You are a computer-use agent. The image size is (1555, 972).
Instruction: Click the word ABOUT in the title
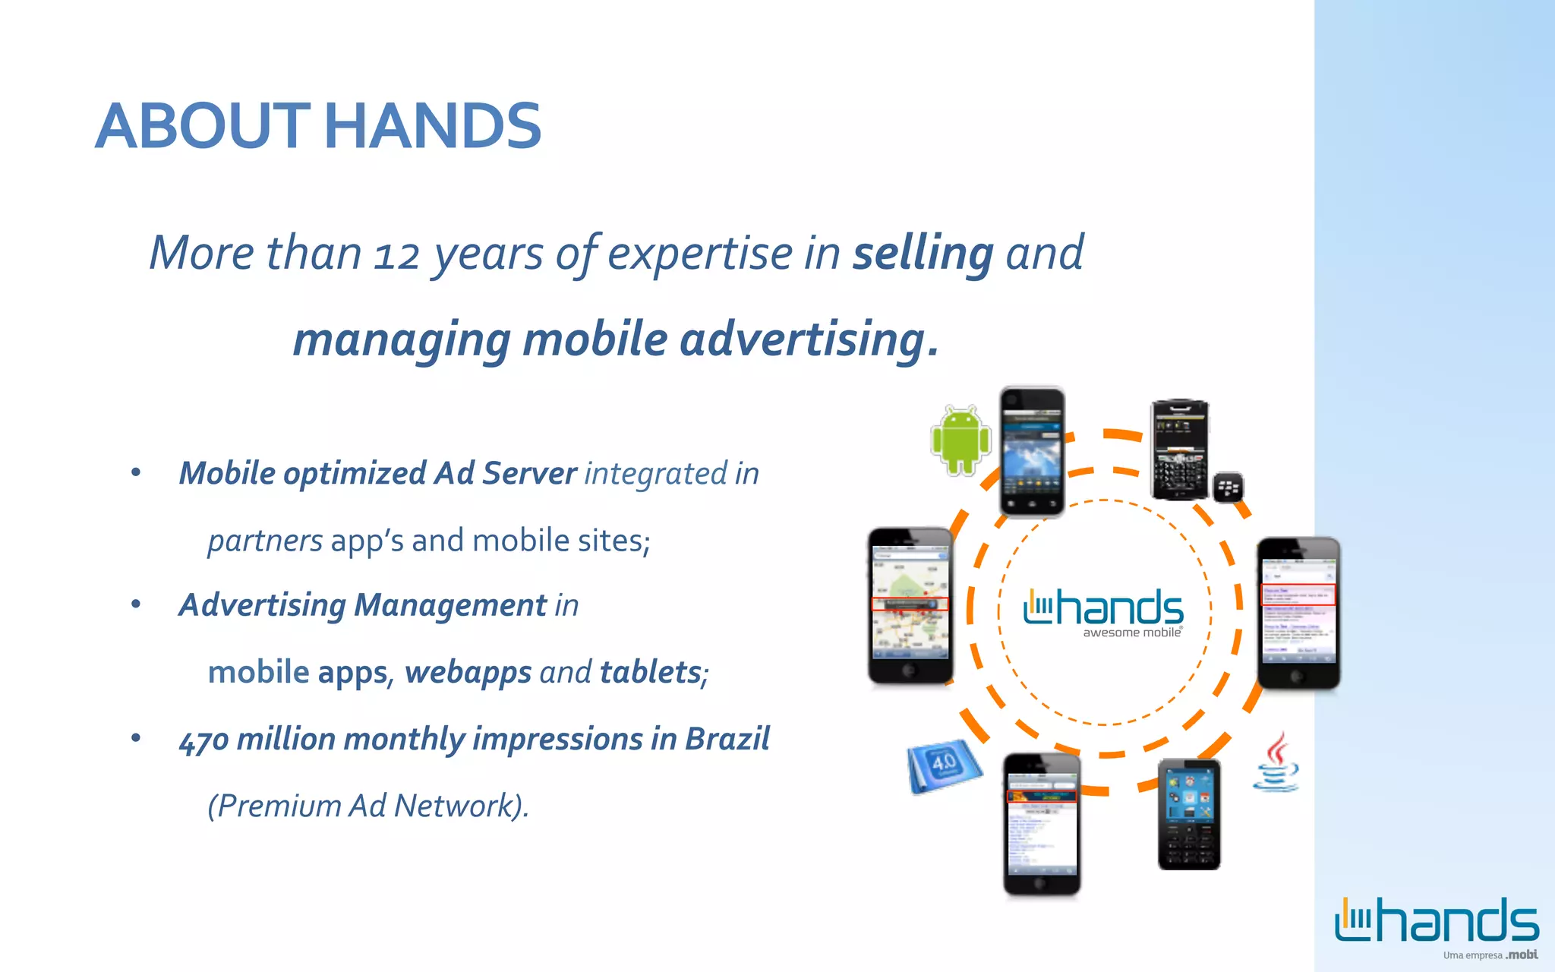(203, 126)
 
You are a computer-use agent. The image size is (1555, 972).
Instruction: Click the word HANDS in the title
(433, 126)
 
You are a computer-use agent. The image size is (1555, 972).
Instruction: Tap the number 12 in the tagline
(396, 254)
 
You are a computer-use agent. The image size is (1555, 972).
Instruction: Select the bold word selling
(923, 253)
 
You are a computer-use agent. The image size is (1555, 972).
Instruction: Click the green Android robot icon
(960, 440)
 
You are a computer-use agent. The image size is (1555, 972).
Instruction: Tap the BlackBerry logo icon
(1228, 488)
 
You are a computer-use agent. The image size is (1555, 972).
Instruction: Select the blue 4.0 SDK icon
(944, 765)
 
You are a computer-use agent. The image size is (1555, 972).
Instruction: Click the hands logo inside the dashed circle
(1103, 607)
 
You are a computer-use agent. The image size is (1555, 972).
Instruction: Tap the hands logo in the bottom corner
(1437, 920)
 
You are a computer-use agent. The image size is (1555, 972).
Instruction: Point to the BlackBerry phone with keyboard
(1179, 450)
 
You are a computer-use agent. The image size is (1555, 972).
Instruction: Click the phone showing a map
(910, 605)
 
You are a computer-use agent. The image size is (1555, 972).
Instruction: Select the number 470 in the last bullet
(204, 740)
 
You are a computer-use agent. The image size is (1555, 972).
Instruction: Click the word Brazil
(727, 739)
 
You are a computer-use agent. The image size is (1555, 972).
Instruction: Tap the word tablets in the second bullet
(651, 672)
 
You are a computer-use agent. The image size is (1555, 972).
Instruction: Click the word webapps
(468, 673)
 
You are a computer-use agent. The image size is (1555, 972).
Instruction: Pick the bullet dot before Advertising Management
(136, 604)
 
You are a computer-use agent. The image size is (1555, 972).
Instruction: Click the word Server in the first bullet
(529, 473)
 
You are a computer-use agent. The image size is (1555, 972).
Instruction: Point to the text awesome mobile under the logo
(1131, 633)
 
